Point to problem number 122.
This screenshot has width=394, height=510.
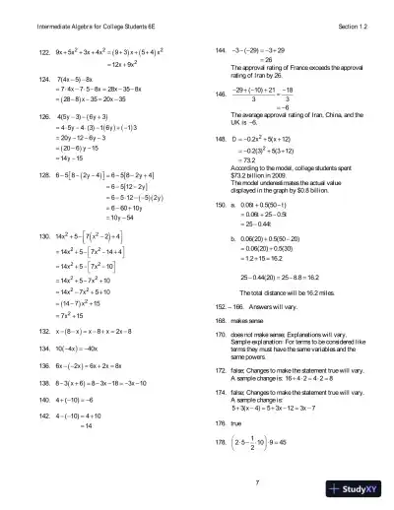43,51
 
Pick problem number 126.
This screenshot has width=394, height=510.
43,114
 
